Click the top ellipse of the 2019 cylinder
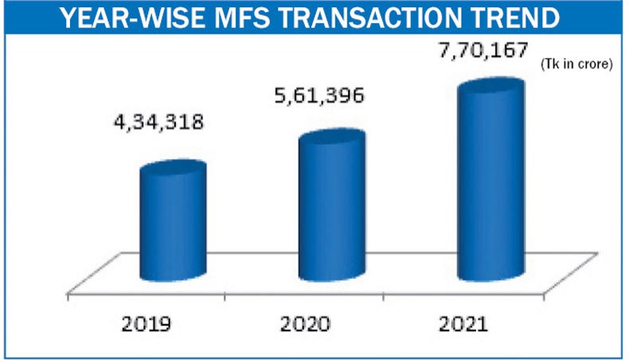click(173, 170)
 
